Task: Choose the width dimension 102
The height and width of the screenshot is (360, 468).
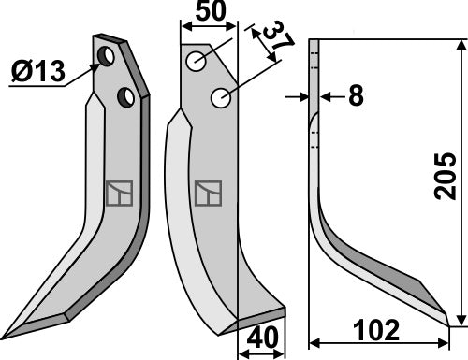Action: click(x=379, y=331)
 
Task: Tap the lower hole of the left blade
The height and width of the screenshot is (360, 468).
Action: click(x=124, y=95)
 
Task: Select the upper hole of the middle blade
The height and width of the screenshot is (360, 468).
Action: click(x=196, y=62)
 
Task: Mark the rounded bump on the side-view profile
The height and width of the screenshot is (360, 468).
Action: click(x=315, y=122)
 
